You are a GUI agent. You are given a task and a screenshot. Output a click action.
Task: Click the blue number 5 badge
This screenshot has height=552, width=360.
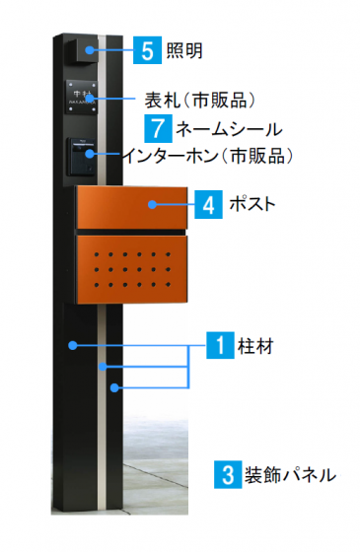coord(145,50)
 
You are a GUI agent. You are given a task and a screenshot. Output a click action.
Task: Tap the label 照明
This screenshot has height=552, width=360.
coord(182,50)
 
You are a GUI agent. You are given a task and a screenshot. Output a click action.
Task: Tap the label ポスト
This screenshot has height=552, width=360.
coord(251,205)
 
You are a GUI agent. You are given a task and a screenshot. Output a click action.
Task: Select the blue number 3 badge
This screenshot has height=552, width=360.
coord(226,474)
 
